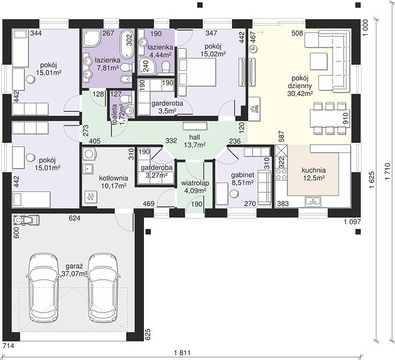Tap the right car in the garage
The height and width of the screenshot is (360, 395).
(x=104, y=287)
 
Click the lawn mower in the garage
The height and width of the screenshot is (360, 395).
(x=26, y=220)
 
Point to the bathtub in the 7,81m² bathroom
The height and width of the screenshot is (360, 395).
(x=126, y=44)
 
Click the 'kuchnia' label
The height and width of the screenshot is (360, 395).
(x=313, y=170)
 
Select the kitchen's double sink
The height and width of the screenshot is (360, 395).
(x=313, y=201)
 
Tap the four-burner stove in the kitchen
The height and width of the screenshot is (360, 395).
(x=282, y=174)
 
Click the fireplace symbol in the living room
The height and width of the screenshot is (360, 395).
(x=254, y=109)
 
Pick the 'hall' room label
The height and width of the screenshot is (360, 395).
(x=195, y=137)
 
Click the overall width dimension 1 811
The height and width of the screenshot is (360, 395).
(x=182, y=353)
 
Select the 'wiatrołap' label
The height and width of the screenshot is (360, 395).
(x=195, y=183)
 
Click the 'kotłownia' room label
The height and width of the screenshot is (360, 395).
(x=113, y=178)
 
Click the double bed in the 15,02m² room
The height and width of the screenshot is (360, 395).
(x=197, y=72)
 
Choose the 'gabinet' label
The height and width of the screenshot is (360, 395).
(x=242, y=175)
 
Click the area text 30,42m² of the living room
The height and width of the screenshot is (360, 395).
(x=300, y=94)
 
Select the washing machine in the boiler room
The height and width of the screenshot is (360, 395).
(x=89, y=154)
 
